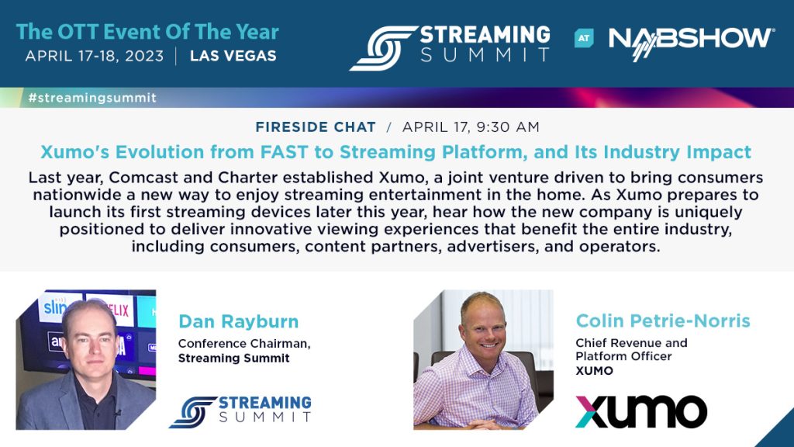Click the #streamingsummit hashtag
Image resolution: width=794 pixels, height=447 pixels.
click(x=91, y=98)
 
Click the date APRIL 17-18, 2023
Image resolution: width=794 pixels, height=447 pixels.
click(x=95, y=56)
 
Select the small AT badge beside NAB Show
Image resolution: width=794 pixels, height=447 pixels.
click(x=584, y=38)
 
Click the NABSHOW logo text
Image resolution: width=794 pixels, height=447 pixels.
click(x=690, y=38)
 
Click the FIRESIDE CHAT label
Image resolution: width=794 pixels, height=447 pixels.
click(x=315, y=126)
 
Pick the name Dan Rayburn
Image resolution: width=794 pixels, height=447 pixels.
click(x=238, y=321)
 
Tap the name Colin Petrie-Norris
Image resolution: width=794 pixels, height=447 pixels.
click(x=663, y=321)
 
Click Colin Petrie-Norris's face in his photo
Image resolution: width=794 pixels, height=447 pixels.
click(x=482, y=327)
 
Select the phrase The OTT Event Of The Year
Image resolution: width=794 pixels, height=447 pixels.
click(x=147, y=33)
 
